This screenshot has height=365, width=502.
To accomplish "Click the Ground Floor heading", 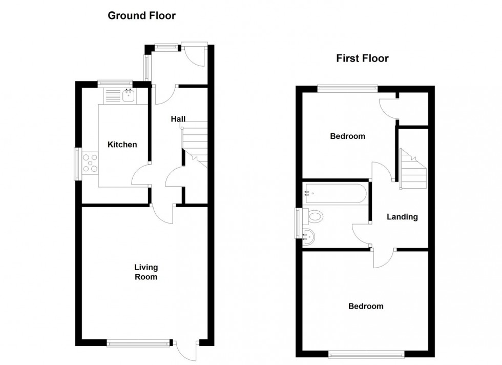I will click(141, 16).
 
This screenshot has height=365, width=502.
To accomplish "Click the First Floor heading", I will click(362, 58).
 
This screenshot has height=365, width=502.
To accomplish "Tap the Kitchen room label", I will click(122, 145).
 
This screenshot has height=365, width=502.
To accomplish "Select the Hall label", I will click(178, 119).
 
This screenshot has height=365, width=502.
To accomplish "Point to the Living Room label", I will click(146, 272).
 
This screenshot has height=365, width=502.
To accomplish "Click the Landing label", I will click(402, 217).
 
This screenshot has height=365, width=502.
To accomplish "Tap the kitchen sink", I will click(128, 95).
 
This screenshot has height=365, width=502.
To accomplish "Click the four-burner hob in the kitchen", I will click(91, 163).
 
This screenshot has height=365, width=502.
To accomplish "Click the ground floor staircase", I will click(195, 144).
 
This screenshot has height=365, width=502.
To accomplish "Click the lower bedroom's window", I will click(366, 353).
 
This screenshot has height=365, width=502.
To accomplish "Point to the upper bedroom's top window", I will click(347, 88).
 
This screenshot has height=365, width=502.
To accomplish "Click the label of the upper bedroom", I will click(347, 136).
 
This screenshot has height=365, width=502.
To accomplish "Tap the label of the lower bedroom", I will click(366, 307).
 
